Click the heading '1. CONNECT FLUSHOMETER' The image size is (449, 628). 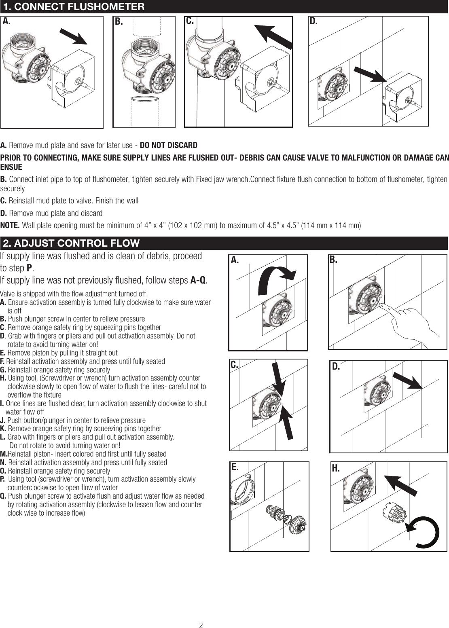[74, 7]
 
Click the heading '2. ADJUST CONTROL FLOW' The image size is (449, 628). [71, 243]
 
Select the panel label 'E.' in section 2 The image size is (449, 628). [235, 467]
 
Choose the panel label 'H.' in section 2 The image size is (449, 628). [336, 469]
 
